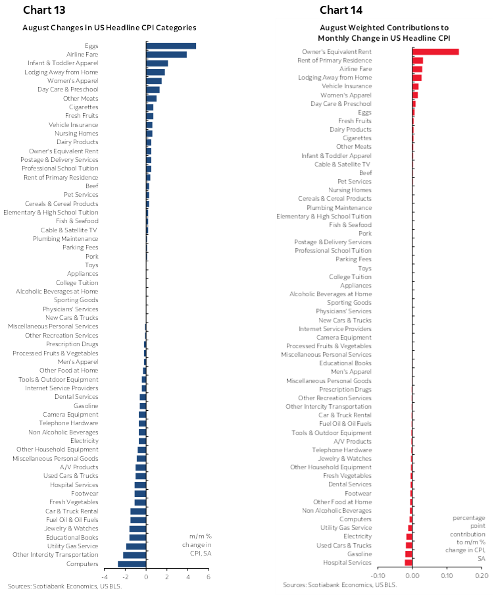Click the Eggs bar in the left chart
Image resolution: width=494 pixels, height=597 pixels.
tap(171, 45)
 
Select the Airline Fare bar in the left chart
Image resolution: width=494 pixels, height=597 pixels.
tap(166, 55)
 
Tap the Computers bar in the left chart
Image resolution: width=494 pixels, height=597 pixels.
tap(132, 563)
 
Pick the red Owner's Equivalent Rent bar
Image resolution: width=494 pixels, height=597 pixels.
tap(435, 52)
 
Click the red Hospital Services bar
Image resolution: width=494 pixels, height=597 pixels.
tap(408, 562)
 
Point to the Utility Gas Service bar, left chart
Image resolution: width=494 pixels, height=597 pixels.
tap(136, 546)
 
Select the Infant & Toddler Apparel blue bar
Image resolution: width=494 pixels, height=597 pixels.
tap(157, 63)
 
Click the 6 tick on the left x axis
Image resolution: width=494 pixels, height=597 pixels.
tap(209, 577)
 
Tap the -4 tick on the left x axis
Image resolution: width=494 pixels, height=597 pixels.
tap(105, 577)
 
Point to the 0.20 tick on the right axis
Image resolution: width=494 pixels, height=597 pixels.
tap(482, 575)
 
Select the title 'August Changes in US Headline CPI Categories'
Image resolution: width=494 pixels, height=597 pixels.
tap(109, 28)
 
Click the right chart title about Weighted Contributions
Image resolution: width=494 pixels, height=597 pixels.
tap(384, 33)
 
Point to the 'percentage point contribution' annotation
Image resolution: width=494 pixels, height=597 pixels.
tap(468, 526)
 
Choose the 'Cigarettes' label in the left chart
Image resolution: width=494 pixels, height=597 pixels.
tap(84, 107)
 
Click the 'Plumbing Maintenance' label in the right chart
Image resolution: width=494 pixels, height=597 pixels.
tap(339, 207)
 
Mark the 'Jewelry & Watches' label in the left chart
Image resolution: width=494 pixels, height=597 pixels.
tap(72, 528)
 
